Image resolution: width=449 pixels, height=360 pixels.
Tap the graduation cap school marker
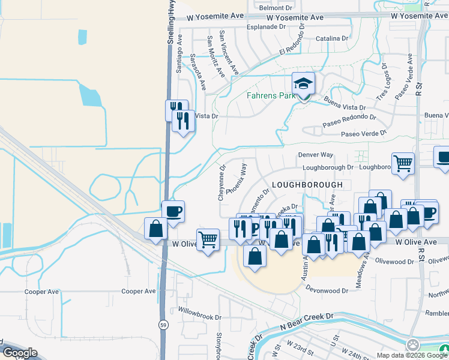point(304,83)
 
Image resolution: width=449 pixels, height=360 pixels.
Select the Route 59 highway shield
point(163,325)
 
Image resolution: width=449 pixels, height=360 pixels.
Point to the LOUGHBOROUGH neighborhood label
point(307,185)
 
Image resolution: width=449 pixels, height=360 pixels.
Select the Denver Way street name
point(316,155)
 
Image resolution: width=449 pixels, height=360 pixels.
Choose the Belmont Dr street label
point(275,8)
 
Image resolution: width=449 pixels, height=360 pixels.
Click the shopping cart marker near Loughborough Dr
point(403,162)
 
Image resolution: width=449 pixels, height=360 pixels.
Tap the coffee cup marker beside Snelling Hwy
point(173,212)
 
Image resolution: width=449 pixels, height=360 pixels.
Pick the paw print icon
point(413,345)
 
